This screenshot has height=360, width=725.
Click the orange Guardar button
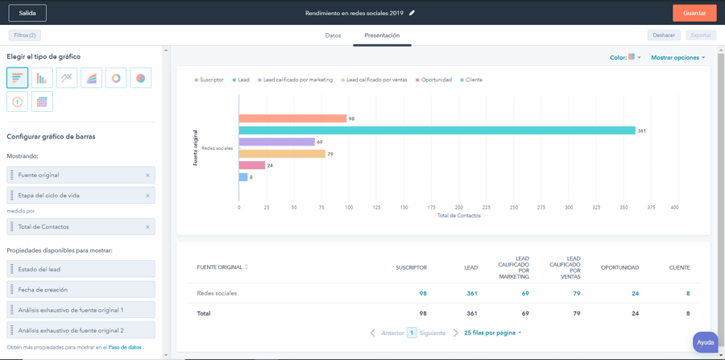tap(694, 13)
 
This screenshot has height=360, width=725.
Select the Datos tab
tap(333, 35)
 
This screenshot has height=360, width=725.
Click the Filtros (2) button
tap(24, 35)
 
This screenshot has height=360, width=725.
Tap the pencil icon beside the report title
tap(412, 13)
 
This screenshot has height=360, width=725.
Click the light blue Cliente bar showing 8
tap(243, 177)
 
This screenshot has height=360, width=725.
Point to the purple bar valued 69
tap(276, 142)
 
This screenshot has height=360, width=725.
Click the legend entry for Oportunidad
tap(433, 80)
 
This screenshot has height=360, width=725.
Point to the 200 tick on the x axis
tap(458, 207)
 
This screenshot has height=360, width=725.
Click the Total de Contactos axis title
tap(458, 216)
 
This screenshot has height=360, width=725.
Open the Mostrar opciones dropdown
tap(677, 58)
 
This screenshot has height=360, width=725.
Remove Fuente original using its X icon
tap(147, 175)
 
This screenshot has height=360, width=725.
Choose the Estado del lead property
tap(81, 269)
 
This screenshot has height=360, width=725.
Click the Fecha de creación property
tap(81, 289)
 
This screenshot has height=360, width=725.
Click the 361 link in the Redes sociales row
tap(471, 293)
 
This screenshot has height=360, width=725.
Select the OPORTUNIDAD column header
tap(619, 267)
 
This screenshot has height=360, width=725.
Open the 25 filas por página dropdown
tap(492, 333)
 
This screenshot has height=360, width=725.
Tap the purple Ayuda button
tap(705, 342)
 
